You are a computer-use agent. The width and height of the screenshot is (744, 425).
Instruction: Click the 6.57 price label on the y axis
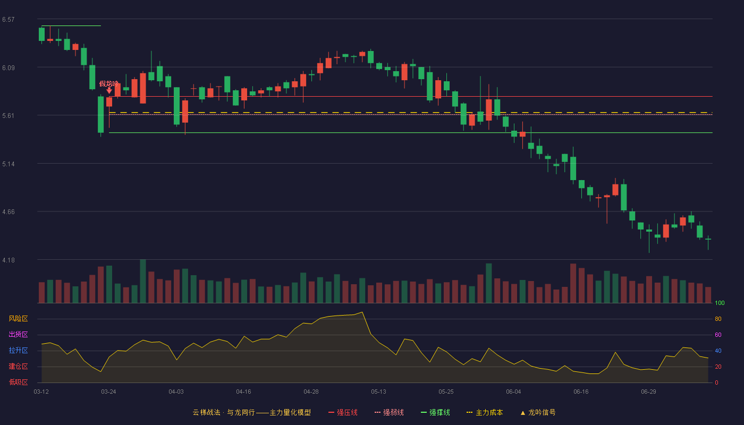[9, 20]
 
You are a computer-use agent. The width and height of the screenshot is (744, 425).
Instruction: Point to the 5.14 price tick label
[9, 164]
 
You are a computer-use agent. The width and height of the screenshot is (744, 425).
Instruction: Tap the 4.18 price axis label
[9, 260]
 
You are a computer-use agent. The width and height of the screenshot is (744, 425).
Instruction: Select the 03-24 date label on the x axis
[108, 392]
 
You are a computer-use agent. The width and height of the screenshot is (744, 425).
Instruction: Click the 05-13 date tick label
[378, 392]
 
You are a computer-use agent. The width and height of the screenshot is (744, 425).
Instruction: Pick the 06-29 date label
[649, 392]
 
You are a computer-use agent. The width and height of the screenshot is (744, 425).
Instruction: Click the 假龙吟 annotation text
[109, 84]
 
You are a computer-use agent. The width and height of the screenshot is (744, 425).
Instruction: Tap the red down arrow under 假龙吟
[109, 91]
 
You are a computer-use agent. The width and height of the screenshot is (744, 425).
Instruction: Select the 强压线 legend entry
[343, 413]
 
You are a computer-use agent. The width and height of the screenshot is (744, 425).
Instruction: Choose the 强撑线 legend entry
[435, 413]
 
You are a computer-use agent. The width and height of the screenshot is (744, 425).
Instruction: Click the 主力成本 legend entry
[485, 413]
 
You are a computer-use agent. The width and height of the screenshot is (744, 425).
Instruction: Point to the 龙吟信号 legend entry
[538, 413]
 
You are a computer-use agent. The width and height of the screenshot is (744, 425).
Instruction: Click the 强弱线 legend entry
[389, 413]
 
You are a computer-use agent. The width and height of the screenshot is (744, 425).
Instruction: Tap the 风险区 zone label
[18, 319]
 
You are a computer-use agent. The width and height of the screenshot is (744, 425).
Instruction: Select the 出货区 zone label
[18, 335]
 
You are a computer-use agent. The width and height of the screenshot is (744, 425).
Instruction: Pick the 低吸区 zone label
[18, 382]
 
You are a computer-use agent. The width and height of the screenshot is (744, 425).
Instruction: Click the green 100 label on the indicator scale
[720, 303]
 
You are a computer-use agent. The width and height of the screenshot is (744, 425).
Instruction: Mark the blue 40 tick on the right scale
[718, 351]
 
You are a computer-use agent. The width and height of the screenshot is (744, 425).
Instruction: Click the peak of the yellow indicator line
[362, 312]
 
